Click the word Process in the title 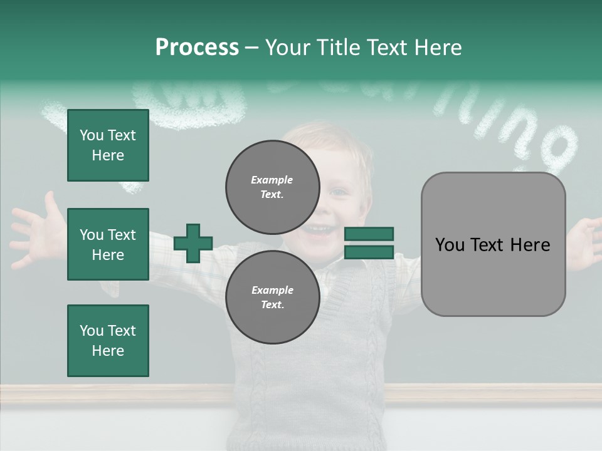197,48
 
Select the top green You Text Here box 108,145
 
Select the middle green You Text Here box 108,244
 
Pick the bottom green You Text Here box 108,341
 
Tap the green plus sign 193,243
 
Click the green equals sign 369,243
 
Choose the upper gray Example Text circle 272,187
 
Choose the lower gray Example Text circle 272,297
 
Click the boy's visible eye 339,191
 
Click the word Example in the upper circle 272,180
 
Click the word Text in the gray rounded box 493,244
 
